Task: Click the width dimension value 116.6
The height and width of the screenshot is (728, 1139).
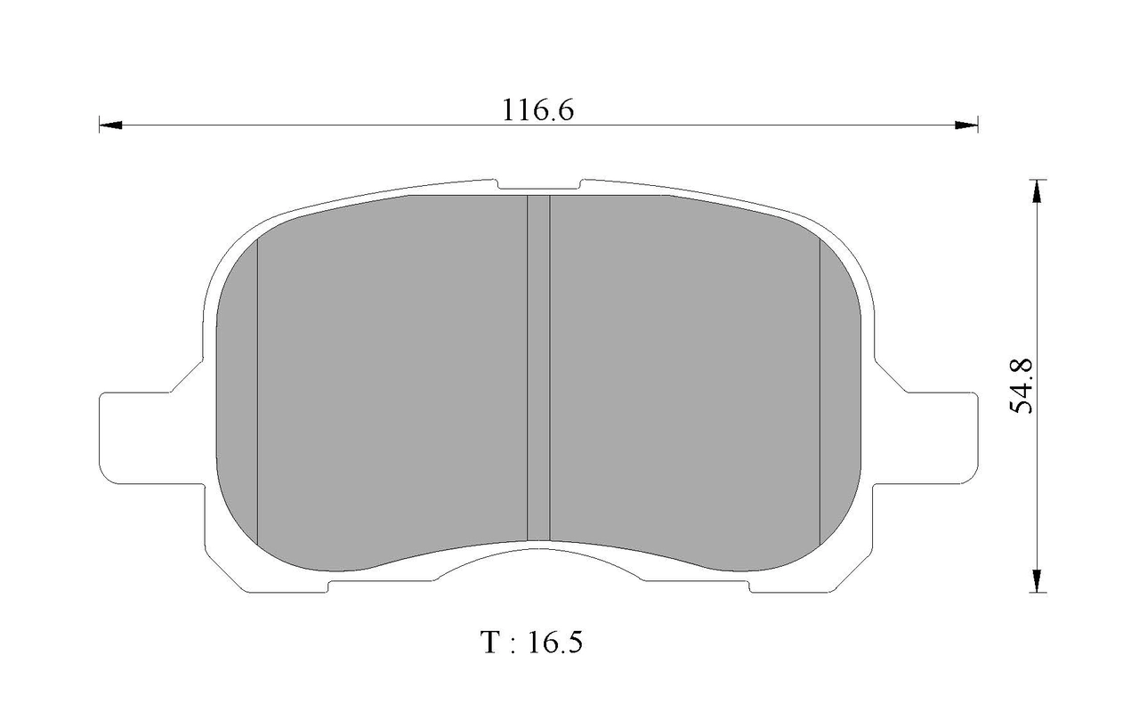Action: [538, 109]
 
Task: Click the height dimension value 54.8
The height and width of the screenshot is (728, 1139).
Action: [1021, 386]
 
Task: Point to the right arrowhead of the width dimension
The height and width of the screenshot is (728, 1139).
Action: [966, 125]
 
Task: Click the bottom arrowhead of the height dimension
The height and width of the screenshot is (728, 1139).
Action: [1037, 580]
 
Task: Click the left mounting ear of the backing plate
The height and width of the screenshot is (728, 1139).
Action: [151, 438]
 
